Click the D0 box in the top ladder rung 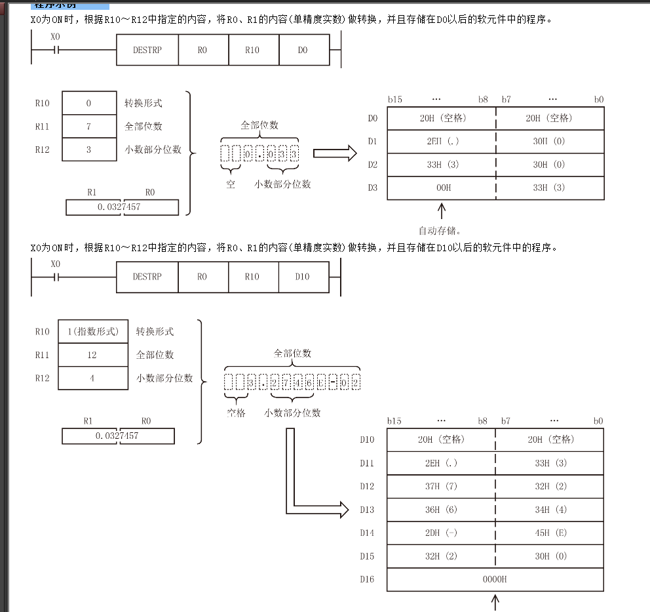click(303, 50)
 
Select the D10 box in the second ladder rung click(303, 277)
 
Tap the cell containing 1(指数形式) click(93, 332)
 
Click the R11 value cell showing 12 click(93, 355)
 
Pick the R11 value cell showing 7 click(88, 127)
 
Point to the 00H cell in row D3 click(442, 188)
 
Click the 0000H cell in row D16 click(495, 579)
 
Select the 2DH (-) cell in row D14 click(442, 533)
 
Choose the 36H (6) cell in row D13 click(442, 510)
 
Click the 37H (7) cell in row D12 click(442, 487)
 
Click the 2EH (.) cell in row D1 click(442, 142)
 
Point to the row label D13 click(367, 510)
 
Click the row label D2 click(373, 165)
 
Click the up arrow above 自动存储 click(442, 211)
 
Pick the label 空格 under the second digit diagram click(237, 413)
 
